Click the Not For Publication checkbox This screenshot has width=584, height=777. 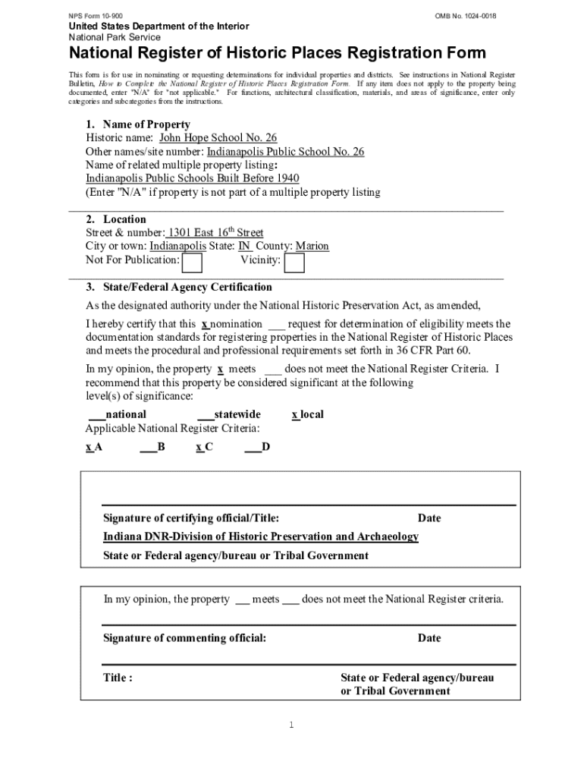pyautogui.click(x=193, y=263)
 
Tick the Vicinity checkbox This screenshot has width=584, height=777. pyautogui.click(x=294, y=263)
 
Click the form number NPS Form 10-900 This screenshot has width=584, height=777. pyautogui.click(x=96, y=16)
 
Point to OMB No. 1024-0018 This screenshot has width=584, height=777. pyautogui.click(x=466, y=16)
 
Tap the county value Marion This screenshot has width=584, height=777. pyautogui.click(x=312, y=247)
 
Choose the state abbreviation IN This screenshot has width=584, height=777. pyautogui.click(x=244, y=247)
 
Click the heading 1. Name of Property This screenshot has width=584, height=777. pyautogui.click(x=137, y=124)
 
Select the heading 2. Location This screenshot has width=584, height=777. pyautogui.click(x=115, y=219)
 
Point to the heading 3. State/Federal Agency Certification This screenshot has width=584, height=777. pyautogui.click(x=178, y=288)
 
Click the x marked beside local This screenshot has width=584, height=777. pyautogui.click(x=295, y=414)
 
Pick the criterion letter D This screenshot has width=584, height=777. pyautogui.click(x=265, y=447)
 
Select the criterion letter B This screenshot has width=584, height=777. pyautogui.click(x=162, y=447)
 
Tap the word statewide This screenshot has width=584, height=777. pyautogui.click(x=237, y=414)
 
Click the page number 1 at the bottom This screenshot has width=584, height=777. pyautogui.click(x=290, y=725)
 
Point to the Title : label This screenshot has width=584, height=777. pyautogui.click(x=118, y=678)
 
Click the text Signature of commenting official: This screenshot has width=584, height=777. pyautogui.click(x=184, y=638)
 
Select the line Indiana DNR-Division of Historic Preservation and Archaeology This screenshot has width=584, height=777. pyautogui.click(x=260, y=536)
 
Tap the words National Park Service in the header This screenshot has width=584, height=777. pyautogui.click(x=115, y=37)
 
